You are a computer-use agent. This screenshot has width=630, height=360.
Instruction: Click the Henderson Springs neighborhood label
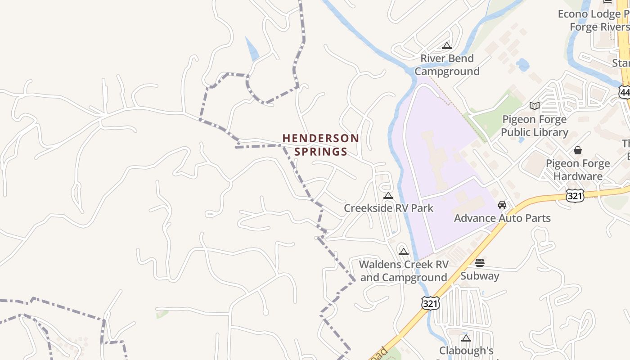(x=320, y=145)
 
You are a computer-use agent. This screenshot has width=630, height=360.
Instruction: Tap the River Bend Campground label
(x=447, y=65)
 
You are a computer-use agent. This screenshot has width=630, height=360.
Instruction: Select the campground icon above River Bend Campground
(x=446, y=45)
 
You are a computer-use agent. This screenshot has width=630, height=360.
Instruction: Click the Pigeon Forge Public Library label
(x=534, y=126)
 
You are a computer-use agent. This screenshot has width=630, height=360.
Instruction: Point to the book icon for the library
(x=534, y=106)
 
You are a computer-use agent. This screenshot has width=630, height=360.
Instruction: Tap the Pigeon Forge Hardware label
(x=578, y=170)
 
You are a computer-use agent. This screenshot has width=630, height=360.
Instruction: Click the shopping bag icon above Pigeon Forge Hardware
(x=578, y=150)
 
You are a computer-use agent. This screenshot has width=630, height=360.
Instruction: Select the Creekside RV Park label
(x=388, y=208)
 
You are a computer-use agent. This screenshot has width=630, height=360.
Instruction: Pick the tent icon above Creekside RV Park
(x=388, y=196)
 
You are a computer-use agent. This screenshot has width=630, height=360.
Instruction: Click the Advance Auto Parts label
(x=502, y=218)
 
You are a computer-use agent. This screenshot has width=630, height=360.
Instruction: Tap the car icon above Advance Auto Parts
(x=502, y=205)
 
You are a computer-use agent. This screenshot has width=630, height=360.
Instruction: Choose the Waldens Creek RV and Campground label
(x=404, y=271)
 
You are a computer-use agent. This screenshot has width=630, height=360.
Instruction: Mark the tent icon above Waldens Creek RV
(x=404, y=252)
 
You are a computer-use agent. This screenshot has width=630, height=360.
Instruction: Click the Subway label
(x=480, y=276)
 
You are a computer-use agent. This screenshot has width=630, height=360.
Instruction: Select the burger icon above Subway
(x=480, y=263)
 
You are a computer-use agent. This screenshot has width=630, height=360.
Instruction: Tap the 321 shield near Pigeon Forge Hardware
(x=575, y=195)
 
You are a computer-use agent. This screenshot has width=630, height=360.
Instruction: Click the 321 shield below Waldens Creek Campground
(x=430, y=303)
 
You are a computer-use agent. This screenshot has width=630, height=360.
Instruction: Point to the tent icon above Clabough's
(x=466, y=338)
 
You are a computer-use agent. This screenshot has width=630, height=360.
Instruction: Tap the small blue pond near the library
(x=523, y=65)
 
